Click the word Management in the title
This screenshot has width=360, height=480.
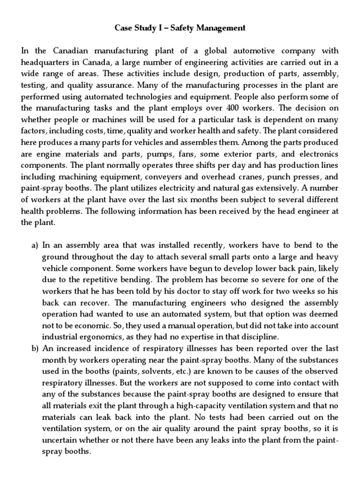pos(216,28)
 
